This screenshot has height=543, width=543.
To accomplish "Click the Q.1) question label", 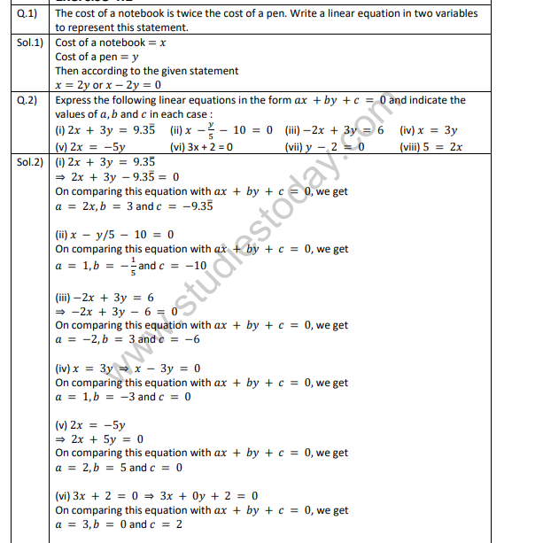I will tap(27, 13).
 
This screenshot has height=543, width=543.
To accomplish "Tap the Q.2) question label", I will tap(27, 100).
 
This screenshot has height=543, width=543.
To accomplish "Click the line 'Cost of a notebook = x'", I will tap(111, 42).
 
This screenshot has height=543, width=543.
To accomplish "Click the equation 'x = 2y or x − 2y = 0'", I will tap(108, 85).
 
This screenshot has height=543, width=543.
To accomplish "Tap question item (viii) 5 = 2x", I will tap(431, 147).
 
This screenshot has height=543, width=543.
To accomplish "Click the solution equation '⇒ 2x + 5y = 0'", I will tap(99, 438).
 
